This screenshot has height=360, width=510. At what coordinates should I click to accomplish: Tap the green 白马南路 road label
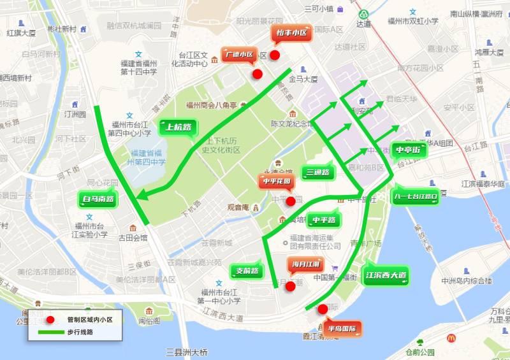click(98, 199)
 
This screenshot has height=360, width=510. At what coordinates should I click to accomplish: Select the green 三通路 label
click(317, 172)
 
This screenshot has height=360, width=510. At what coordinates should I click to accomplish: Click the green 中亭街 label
click(407, 150)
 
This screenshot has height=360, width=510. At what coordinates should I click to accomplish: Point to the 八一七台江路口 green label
click(416, 197)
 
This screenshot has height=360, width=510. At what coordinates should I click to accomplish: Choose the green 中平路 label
click(324, 220)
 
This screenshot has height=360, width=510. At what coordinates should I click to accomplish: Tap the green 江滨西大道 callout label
click(386, 276)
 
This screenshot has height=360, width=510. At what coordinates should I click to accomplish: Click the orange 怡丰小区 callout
click(291, 32)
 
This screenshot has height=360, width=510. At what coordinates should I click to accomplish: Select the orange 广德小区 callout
click(239, 55)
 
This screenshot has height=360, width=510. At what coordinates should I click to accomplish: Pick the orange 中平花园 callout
click(276, 182)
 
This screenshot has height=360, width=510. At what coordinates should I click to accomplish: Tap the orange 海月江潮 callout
click(306, 264)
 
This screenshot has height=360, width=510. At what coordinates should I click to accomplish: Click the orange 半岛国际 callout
click(341, 329)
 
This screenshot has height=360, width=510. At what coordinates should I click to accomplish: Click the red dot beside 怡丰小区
click(275, 55)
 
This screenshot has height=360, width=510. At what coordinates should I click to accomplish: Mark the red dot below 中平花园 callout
click(291, 201)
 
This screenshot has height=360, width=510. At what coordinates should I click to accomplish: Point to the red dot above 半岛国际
click(323, 310)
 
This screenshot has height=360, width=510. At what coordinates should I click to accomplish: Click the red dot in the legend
click(51, 319)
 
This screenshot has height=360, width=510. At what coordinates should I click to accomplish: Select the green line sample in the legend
click(51, 332)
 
